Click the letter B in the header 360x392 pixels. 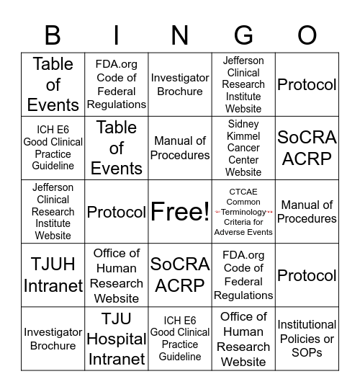(53, 35)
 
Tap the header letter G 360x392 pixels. (243, 35)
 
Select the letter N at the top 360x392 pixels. (180, 35)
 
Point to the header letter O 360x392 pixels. (307, 35)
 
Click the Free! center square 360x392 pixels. (180, 212)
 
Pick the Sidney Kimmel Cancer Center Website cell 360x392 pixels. (243, 148)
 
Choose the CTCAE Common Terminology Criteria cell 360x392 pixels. (243, 212)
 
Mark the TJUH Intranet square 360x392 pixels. (53, 275)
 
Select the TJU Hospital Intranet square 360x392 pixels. (117, 339)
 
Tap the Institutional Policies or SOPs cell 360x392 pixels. (307, 339)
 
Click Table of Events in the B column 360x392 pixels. (53, 84)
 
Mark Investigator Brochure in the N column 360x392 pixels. (180, 84)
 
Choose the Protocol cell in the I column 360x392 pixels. (117, 212)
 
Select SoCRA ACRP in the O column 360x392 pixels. (307, 148)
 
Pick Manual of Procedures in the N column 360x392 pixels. (180, 148)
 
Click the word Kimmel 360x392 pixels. (243, 136)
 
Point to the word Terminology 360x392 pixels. (243, 212)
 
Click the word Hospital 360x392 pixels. (117, 339)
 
